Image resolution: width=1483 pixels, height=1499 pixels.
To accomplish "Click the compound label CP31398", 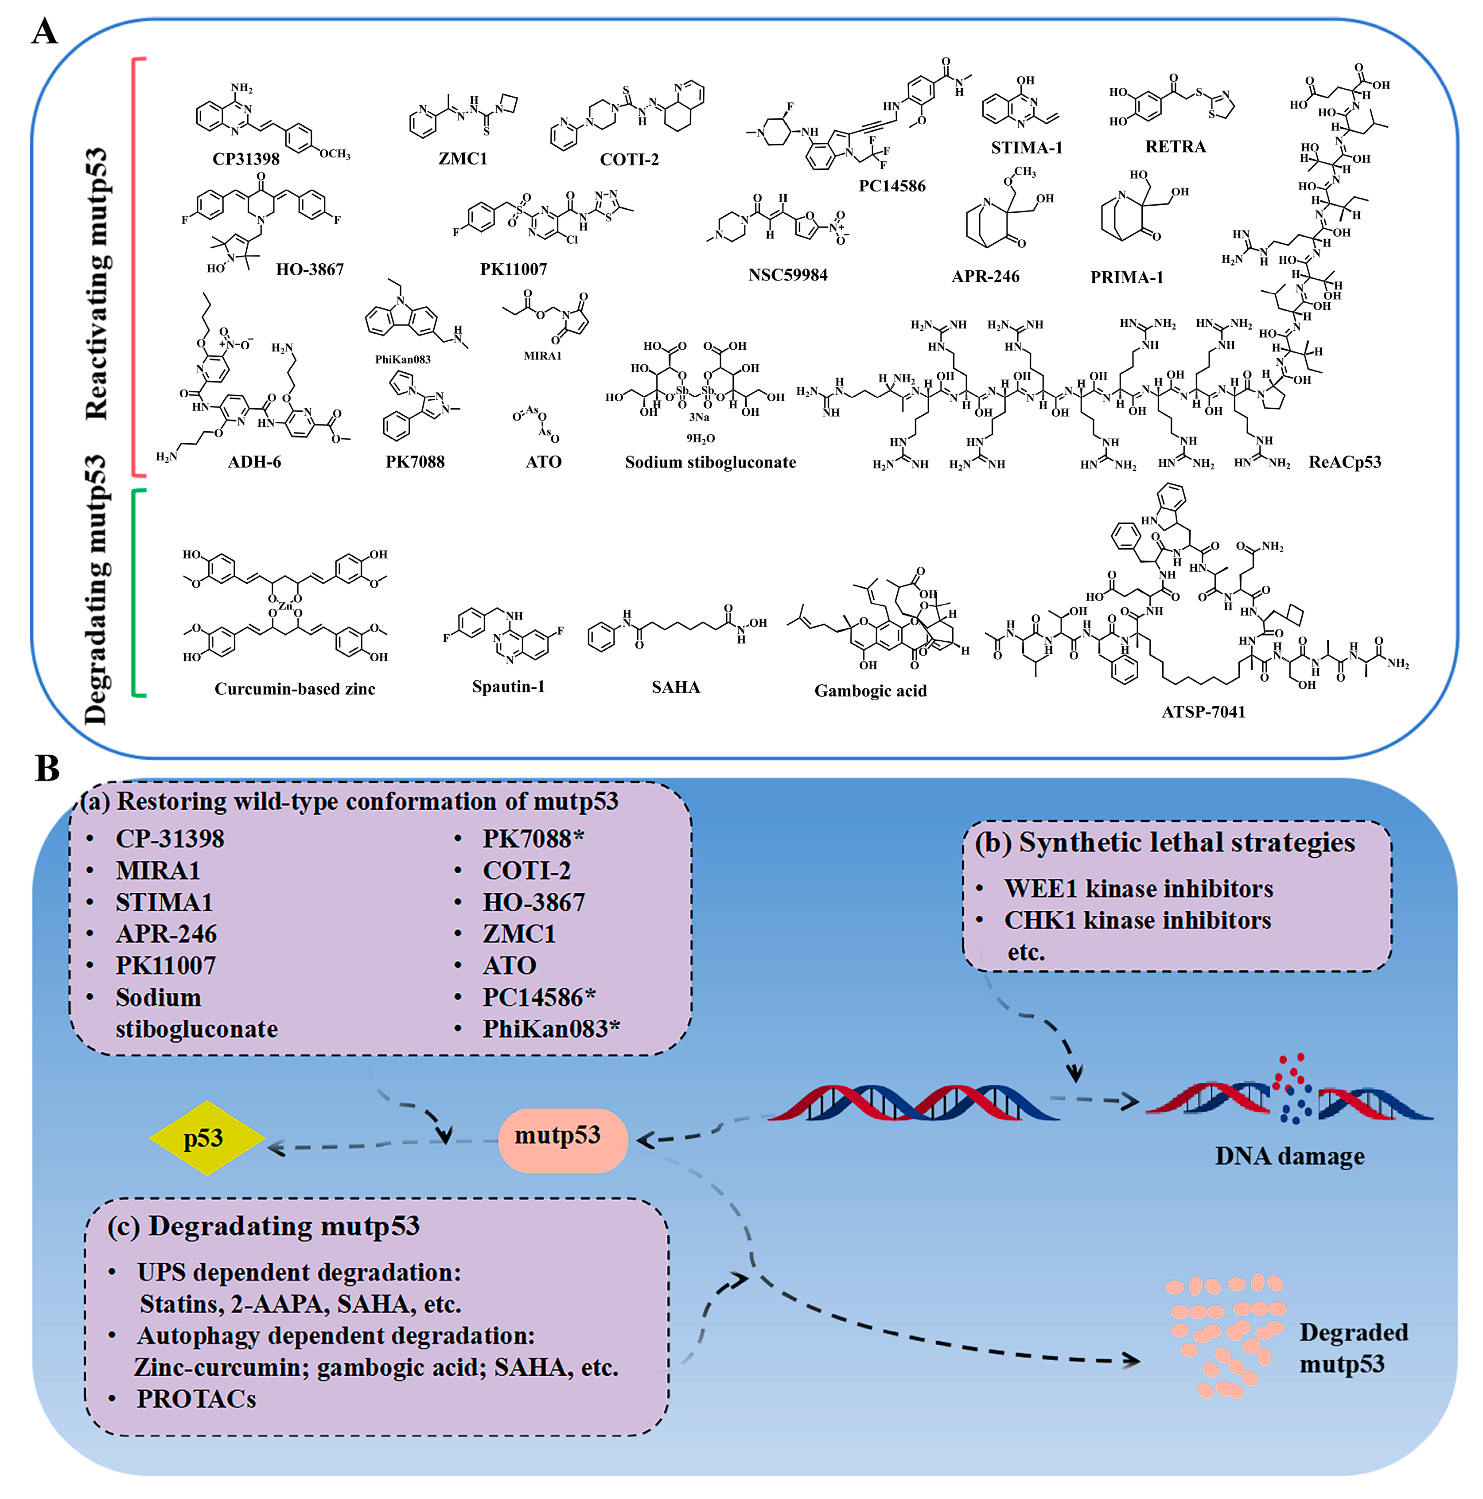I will point(246,159).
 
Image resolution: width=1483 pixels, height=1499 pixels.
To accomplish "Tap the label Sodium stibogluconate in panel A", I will point(710,462).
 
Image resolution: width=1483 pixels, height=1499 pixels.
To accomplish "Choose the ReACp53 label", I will point(1344,462).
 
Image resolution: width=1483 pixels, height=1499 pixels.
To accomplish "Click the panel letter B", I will point(47,768).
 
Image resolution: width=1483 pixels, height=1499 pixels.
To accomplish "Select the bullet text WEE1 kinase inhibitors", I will point(1138,888).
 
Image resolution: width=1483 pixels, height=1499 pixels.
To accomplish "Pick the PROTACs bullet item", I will point(196,1398).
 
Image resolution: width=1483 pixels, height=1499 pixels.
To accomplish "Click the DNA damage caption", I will point(1289,1156).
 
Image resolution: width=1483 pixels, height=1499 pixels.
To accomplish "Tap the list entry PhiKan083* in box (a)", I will point(551,1029).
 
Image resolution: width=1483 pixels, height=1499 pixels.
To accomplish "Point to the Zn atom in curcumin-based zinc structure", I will point(285,605).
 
